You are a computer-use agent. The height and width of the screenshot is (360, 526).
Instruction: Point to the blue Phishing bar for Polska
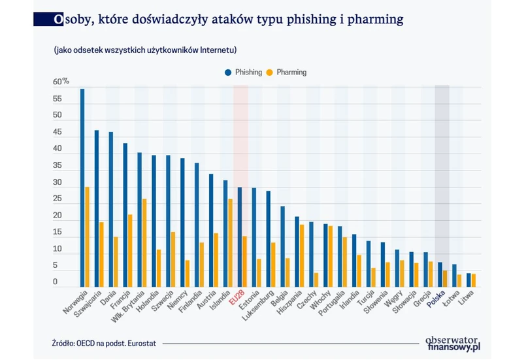[440, 274]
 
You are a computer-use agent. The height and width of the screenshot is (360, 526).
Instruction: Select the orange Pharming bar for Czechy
[317, 280]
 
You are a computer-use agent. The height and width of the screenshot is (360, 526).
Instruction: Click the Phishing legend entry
[244, 73]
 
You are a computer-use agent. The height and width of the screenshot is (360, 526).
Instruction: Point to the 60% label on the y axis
[61, 82]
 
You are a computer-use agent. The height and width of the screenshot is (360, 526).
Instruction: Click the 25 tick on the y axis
[58, 199]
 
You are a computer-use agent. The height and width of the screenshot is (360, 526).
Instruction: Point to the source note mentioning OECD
[105, 343]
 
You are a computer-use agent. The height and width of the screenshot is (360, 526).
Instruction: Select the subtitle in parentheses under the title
[140, 50]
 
